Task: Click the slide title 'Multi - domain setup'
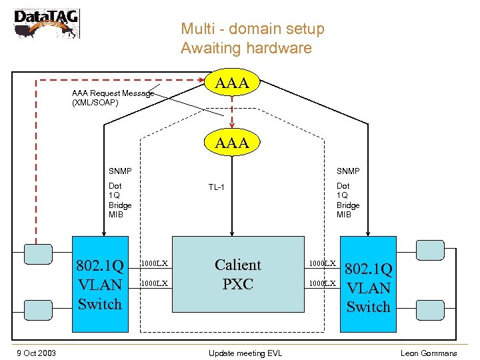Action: click(x=252, y=29)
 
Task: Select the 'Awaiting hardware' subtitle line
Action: click(x=245, y=48)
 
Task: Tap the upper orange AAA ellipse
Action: click(x=232, y=83)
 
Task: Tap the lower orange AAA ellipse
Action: click(x=232, y=142)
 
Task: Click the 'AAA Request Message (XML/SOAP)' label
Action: click(x=112, y=98)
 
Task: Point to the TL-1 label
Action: click(x=217, y=187)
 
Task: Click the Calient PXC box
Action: click(x=237, y=274)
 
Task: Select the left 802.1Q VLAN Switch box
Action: click(x=100, y=285)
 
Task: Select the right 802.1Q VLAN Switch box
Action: click(x=368, y=283)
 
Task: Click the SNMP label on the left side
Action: click(x=121, y=171)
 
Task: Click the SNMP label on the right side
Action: click(x=348, y=171)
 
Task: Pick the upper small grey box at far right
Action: click(x=429, y=250)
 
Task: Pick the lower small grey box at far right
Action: click(x=429, y=308)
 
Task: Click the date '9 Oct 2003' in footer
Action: click(x=37, y=353)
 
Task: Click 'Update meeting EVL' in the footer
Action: click(x=245, y=353)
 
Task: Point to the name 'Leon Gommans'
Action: click(x=429, y=353)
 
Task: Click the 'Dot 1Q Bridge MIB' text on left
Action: click(x=120, y=201)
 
